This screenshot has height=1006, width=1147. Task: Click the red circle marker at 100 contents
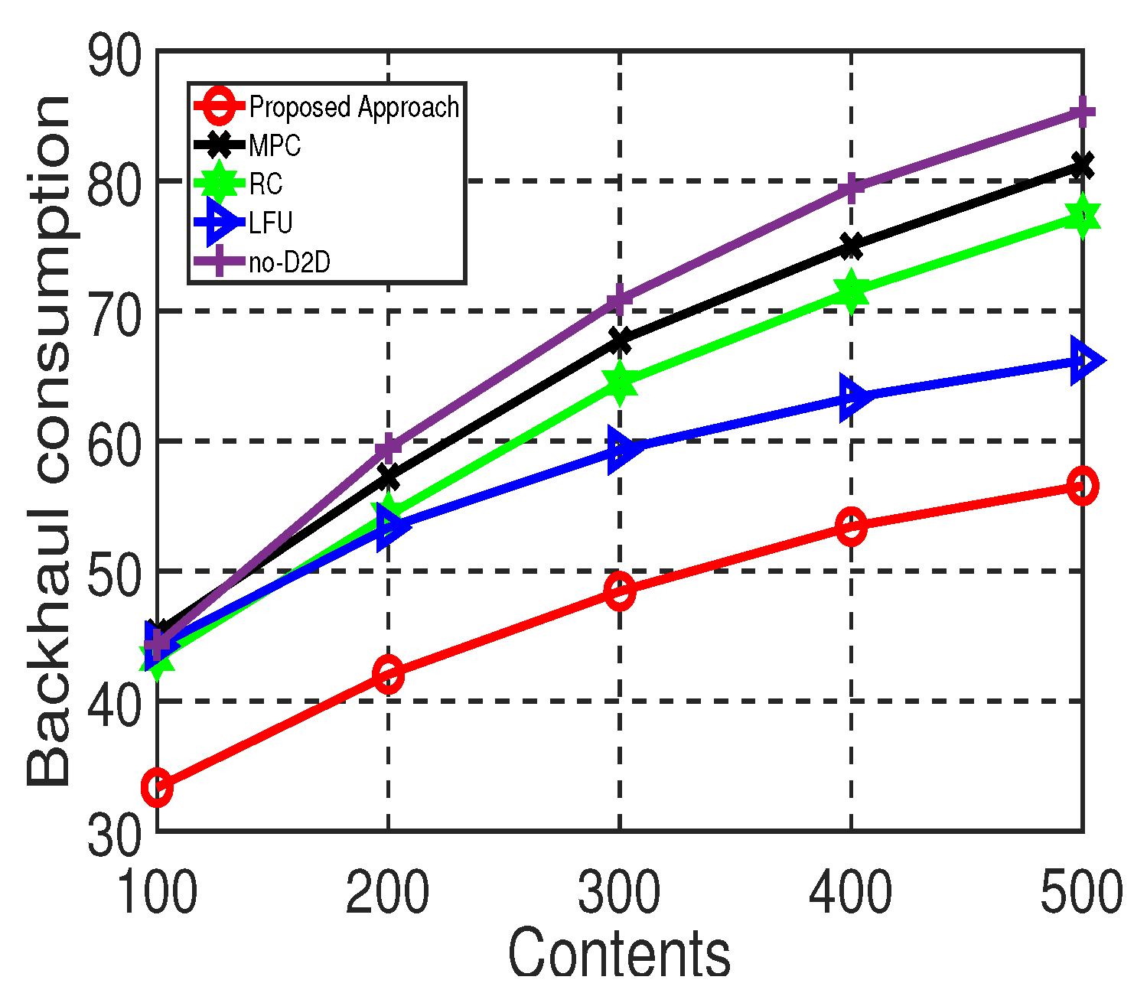(157, 787)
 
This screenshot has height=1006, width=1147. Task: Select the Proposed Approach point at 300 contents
(620, 590)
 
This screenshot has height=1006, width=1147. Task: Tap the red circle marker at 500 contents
(1082, 486)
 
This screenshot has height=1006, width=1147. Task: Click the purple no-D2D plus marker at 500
(1082, 112)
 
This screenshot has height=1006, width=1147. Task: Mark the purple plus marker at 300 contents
(620, 299)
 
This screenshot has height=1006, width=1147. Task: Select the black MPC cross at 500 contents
(1082, 165)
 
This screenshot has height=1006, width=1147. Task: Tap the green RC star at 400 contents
(851, 291)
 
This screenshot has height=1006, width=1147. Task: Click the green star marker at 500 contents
(1082, 217)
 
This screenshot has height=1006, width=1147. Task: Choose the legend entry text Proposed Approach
(354, 107)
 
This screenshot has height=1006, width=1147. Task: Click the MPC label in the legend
(275, 145)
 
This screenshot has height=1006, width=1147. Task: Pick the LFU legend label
(271, 223)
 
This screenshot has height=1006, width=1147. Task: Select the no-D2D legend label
(290, 262)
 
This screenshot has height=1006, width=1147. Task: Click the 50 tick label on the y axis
(115, 572)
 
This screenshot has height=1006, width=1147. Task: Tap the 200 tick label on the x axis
(388, 892)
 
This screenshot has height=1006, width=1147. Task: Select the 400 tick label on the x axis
(851, 892)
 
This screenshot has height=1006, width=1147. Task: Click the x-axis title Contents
(620, 952)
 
